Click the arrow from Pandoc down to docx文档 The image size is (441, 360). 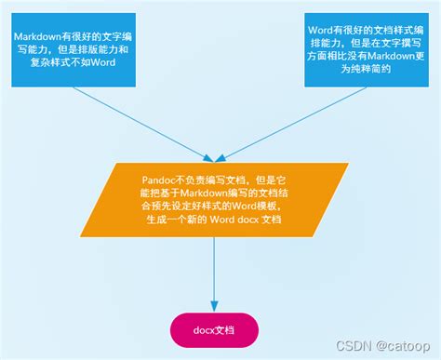[216, 270]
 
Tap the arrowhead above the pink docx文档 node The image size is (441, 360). [216, 306]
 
